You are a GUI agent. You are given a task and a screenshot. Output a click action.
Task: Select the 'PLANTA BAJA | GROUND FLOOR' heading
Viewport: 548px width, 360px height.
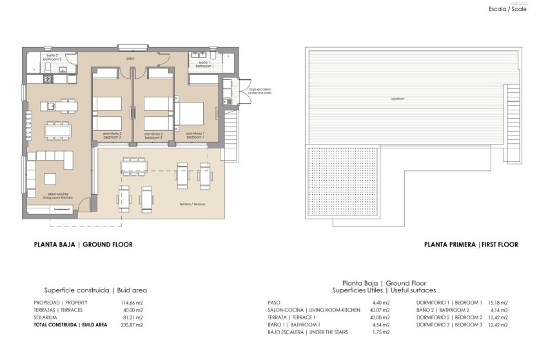point(83,245)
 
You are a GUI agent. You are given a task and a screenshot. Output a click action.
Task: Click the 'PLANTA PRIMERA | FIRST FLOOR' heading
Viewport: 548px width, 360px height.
point(471,245)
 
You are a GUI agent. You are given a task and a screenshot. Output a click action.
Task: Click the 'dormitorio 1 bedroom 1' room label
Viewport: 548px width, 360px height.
point(195,135)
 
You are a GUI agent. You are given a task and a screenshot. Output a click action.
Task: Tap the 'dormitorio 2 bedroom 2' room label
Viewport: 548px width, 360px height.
point(153,135)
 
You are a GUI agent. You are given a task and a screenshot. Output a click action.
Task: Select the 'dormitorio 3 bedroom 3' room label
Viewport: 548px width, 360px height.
point(112,135)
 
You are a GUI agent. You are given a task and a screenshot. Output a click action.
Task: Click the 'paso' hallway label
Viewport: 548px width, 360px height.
point(130,59)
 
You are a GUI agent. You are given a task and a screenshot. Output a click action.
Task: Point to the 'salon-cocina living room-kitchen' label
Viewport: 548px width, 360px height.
point(57,195)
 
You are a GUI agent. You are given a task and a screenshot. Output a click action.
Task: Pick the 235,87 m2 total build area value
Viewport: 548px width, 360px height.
point(132,325)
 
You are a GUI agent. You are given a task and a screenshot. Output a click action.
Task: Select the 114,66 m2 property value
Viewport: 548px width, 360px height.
point(132,303)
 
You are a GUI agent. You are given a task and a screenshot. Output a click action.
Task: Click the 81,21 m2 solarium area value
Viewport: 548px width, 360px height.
point(132,317)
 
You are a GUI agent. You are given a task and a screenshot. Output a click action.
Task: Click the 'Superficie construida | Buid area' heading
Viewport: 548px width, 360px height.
point(95,290)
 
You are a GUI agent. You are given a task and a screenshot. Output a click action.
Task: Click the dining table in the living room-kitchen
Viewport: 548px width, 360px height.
point(58,129)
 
